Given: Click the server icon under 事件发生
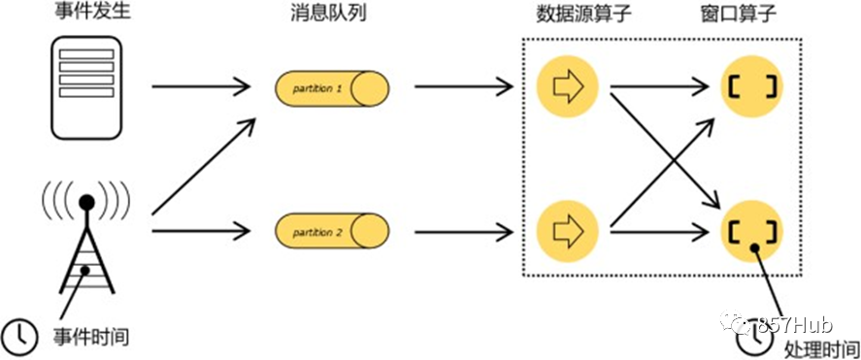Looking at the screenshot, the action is pyautogui.click(x=86, y=87).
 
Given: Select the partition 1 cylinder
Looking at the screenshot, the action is pyautogui.click(x=332, y=87).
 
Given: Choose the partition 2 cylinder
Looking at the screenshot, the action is pyautogui.click(x=332, y=232).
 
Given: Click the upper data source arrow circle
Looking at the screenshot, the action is pyautogui.click(x=567, y=86).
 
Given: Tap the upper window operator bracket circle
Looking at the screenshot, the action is pyautogui.click(x=752, y=86).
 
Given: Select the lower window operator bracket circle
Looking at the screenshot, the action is pyautogui.click(x=752, y=231).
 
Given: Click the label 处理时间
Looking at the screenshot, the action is pyautogui.click(x=821, y=348).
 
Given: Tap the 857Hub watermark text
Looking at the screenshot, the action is pyautogui.click(x=796, y=325).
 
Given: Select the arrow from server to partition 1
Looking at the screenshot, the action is pyautogui.click(x=201, y=86).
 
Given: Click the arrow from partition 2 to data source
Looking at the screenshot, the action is pyautogui.click(x=463, y=231).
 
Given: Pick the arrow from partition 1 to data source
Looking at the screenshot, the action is pyautogui.click(x=463, y=86).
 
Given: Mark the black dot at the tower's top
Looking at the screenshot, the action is pyautogui.click(x=86, y=203).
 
